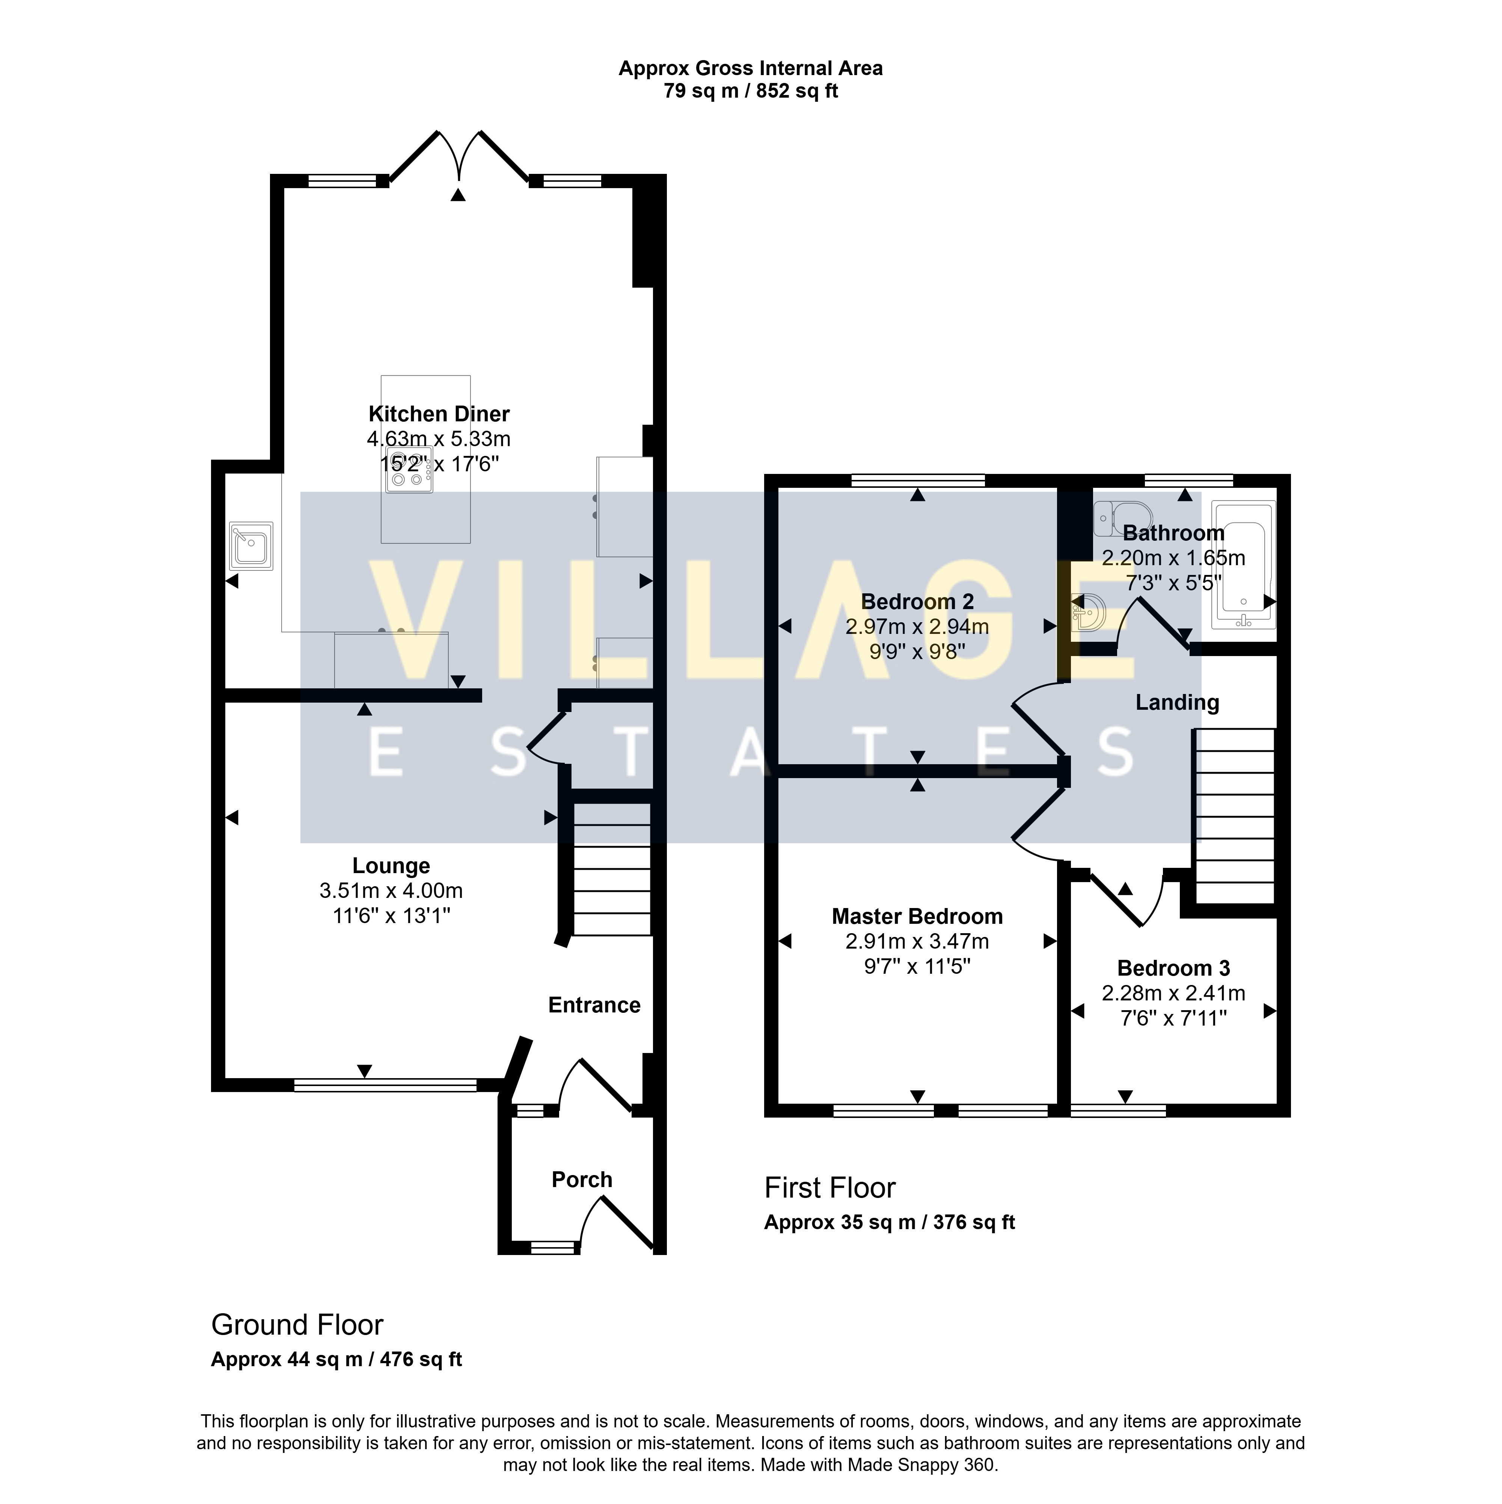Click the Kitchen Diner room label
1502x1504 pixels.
coord(439,414)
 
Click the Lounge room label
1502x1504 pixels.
coord(391,866)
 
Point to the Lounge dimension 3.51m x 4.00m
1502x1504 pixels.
coord(391,890)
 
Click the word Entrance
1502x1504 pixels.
coord(594,1005)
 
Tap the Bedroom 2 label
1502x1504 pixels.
coord(918,602)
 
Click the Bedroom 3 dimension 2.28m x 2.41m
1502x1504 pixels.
coord(1173,993)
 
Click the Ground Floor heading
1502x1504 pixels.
coord(297,1325)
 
